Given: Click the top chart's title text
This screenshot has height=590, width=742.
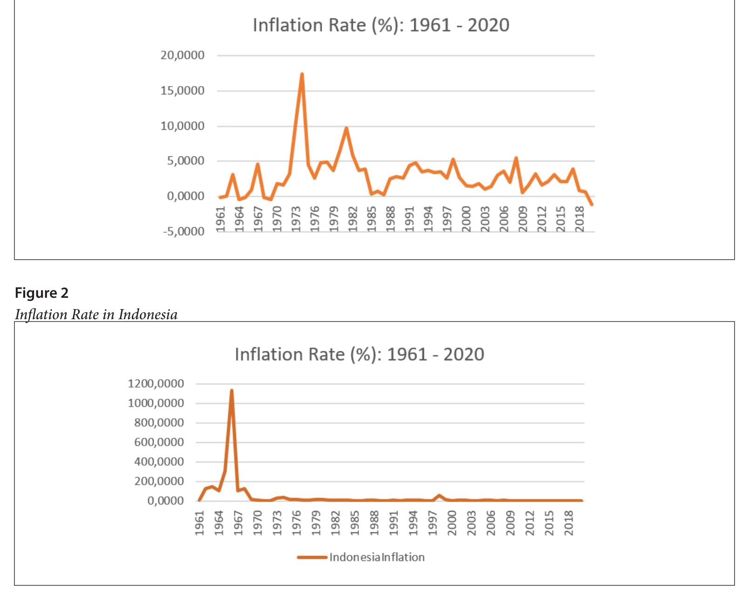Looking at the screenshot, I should click(381, 25).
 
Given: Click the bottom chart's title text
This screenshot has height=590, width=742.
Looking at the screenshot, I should click(359, 355).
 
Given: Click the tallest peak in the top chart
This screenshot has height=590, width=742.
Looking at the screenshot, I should click(302, 74).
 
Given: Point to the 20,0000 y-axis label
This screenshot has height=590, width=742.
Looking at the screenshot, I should click(182, 55).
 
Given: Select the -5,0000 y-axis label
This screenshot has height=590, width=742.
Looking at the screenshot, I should click(183, 231).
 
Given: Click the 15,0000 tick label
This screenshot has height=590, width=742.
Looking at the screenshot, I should click(182, 91).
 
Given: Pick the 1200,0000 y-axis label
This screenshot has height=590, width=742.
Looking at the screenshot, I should click(155, 384).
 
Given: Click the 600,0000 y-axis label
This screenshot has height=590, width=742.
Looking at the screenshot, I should click(159, 442).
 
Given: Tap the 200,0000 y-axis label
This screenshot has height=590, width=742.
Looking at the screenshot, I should click(159, 482).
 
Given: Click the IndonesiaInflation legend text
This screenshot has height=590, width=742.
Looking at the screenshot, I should click(377, 557).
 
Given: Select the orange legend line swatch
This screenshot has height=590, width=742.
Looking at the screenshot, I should click(312, 557).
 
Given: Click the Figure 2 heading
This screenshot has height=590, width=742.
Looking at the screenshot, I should click(41, 293).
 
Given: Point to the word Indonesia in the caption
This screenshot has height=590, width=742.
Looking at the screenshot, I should click(148, 315).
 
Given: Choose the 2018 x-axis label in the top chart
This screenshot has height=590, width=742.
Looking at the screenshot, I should click(580, 217).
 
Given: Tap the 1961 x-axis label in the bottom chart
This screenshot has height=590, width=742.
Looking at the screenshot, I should click(200, 523).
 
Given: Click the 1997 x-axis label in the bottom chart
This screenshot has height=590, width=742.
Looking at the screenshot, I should click(432, 523).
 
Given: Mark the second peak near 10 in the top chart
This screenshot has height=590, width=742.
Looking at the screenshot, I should click(346, 128).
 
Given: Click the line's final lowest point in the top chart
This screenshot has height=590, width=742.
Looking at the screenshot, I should click(592, 204).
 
